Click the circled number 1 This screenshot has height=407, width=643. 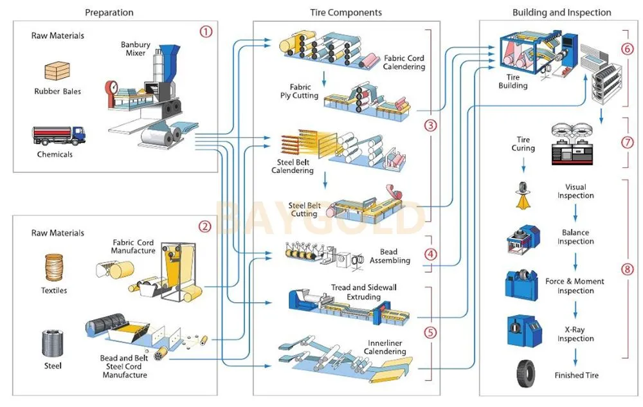coord(205,32)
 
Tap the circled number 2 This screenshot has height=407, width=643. coord(204,226)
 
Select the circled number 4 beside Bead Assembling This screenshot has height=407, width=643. coord(431,254)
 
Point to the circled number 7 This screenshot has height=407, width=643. coord(627,143)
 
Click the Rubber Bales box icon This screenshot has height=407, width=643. coord(57,71)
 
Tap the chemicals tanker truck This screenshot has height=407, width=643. coord(59,136)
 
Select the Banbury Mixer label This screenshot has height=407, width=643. coord(135,50)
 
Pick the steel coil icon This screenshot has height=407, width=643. coord(53,345)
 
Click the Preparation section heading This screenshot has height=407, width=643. coord(109,12)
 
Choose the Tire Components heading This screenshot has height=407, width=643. coord(346,12)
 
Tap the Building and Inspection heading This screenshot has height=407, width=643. coord(561,12)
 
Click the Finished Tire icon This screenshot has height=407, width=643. coord(525,374)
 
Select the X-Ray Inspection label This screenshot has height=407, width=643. coord(575,334)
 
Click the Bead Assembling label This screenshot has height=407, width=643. coord(390,256)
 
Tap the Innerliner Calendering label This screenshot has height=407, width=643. coord(385,347)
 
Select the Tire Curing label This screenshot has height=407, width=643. coord(523,144)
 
